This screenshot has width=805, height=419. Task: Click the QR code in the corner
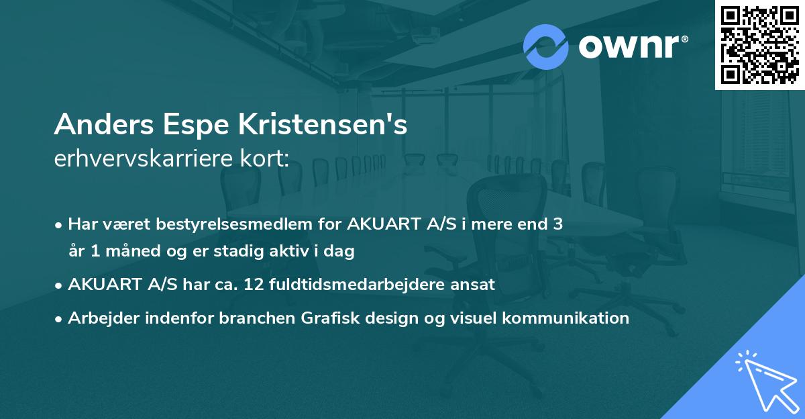pos(759,44)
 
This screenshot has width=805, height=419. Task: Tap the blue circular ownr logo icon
pos(545,46)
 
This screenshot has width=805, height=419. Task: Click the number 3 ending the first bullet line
pos(557,224)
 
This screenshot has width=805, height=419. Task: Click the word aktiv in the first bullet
pos(296,252)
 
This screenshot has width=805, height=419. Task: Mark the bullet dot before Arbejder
pos(60,318)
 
